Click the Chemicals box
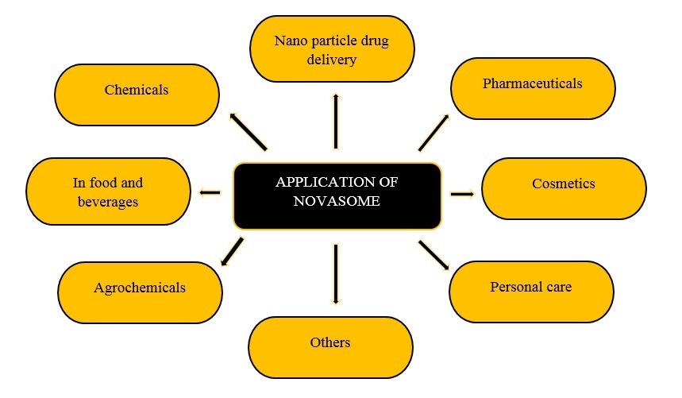pos(137,95)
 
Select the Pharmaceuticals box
pos(532,87)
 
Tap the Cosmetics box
pos(564,187)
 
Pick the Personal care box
pos(530,290)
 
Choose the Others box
pos(330,346)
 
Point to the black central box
pos(337,195)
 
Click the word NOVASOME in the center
pos(337,202)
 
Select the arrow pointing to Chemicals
pos(247,131)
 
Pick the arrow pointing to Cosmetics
pos(461,193)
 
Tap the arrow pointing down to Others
pos(336,273)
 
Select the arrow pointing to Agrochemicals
pos(232,252)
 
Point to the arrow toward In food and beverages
pos(210,191)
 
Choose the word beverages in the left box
pos(108,202)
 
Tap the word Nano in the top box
pos(289,42)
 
